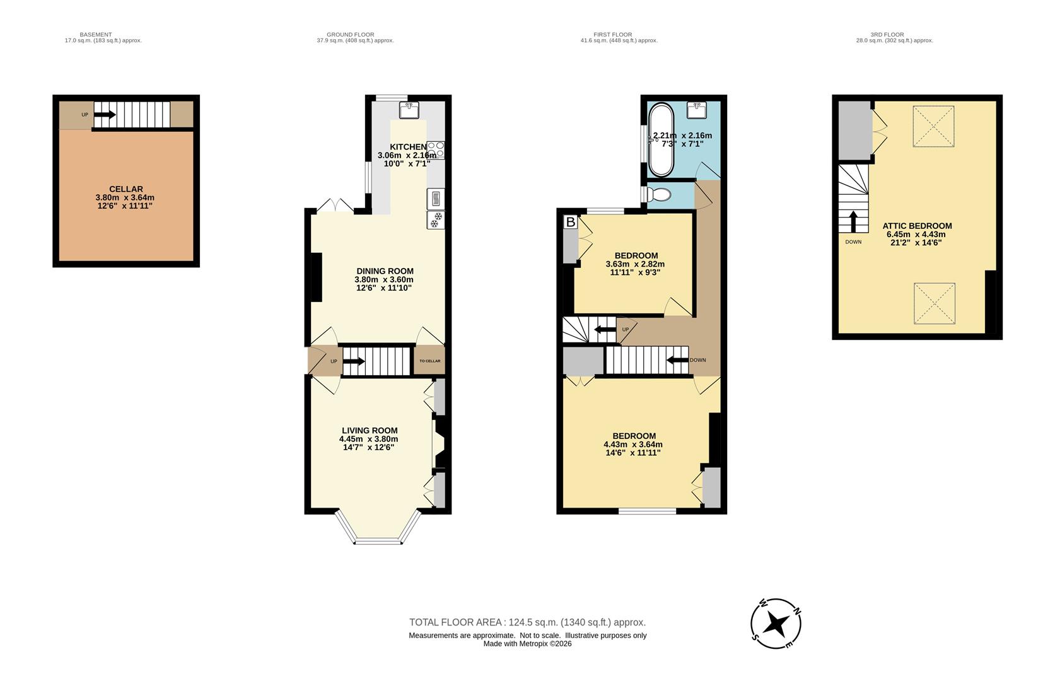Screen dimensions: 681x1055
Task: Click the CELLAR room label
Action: click(125, 189)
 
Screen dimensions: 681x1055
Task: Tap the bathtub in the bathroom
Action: click(661, 140)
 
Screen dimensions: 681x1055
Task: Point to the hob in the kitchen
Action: click(436, 149)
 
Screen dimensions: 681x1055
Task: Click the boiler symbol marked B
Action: click(570, 222)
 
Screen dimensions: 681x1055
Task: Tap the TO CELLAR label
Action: click(429, 361)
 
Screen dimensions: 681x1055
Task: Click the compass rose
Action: click(776, 624)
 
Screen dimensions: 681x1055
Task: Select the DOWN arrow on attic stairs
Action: click(853, 221)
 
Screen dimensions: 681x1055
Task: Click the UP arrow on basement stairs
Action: click(105, 115)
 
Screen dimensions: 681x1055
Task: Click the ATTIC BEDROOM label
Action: click(917, 226)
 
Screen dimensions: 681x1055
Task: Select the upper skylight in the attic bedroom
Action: click(934, 126)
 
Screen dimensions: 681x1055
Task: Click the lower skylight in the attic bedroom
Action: click(934, 303)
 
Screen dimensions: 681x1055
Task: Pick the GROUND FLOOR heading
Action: click(350, 35)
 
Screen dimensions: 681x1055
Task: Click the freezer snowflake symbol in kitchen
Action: click(436, 220)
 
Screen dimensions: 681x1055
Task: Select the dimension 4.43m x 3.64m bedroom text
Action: click(632, 444)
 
